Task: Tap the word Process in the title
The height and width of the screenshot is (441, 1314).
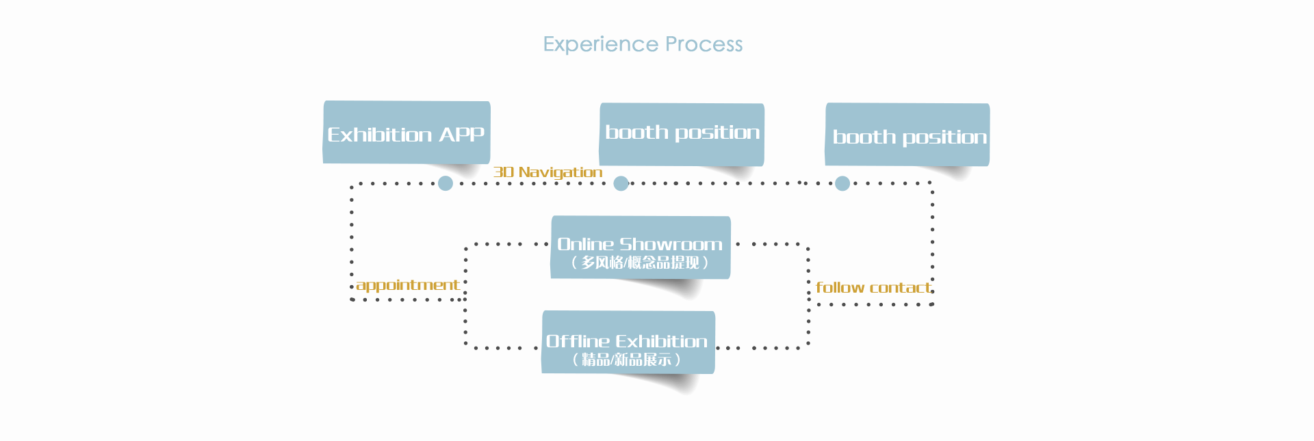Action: (x=704, y=44)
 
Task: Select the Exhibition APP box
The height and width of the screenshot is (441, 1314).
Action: (x=407, y=132)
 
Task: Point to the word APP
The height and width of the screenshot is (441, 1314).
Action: (x=462, y=134)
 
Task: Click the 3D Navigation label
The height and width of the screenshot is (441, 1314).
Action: (x=548, y=172)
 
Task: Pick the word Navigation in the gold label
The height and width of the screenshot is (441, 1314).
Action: (x=561, y=172)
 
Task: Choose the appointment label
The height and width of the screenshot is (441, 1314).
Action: (x=408, y=285)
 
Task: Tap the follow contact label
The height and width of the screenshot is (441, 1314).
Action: (x=873, y=288)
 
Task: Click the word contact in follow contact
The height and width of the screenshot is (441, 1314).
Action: (x=901, y=288)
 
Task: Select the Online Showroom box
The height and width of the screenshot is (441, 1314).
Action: (x=641, y=248)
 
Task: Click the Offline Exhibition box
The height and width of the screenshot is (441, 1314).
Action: (x=628, y=343)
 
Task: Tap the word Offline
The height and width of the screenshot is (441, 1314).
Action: (x=578, y=341)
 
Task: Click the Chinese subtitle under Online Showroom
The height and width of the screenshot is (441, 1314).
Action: (x=640, y=263)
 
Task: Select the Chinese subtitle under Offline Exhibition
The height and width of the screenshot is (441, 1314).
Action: (x=627, y=360)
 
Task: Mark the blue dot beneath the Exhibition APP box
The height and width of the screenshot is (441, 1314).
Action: (x=446, y=183)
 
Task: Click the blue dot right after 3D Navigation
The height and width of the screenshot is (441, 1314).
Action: (x=621, y=183)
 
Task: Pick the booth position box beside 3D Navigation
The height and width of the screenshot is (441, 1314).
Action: (x=682, y=135)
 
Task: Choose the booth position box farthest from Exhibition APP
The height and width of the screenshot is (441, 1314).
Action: (x=907, y=135)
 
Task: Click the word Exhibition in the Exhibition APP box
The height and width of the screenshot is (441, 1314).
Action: (x=380, y=134)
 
